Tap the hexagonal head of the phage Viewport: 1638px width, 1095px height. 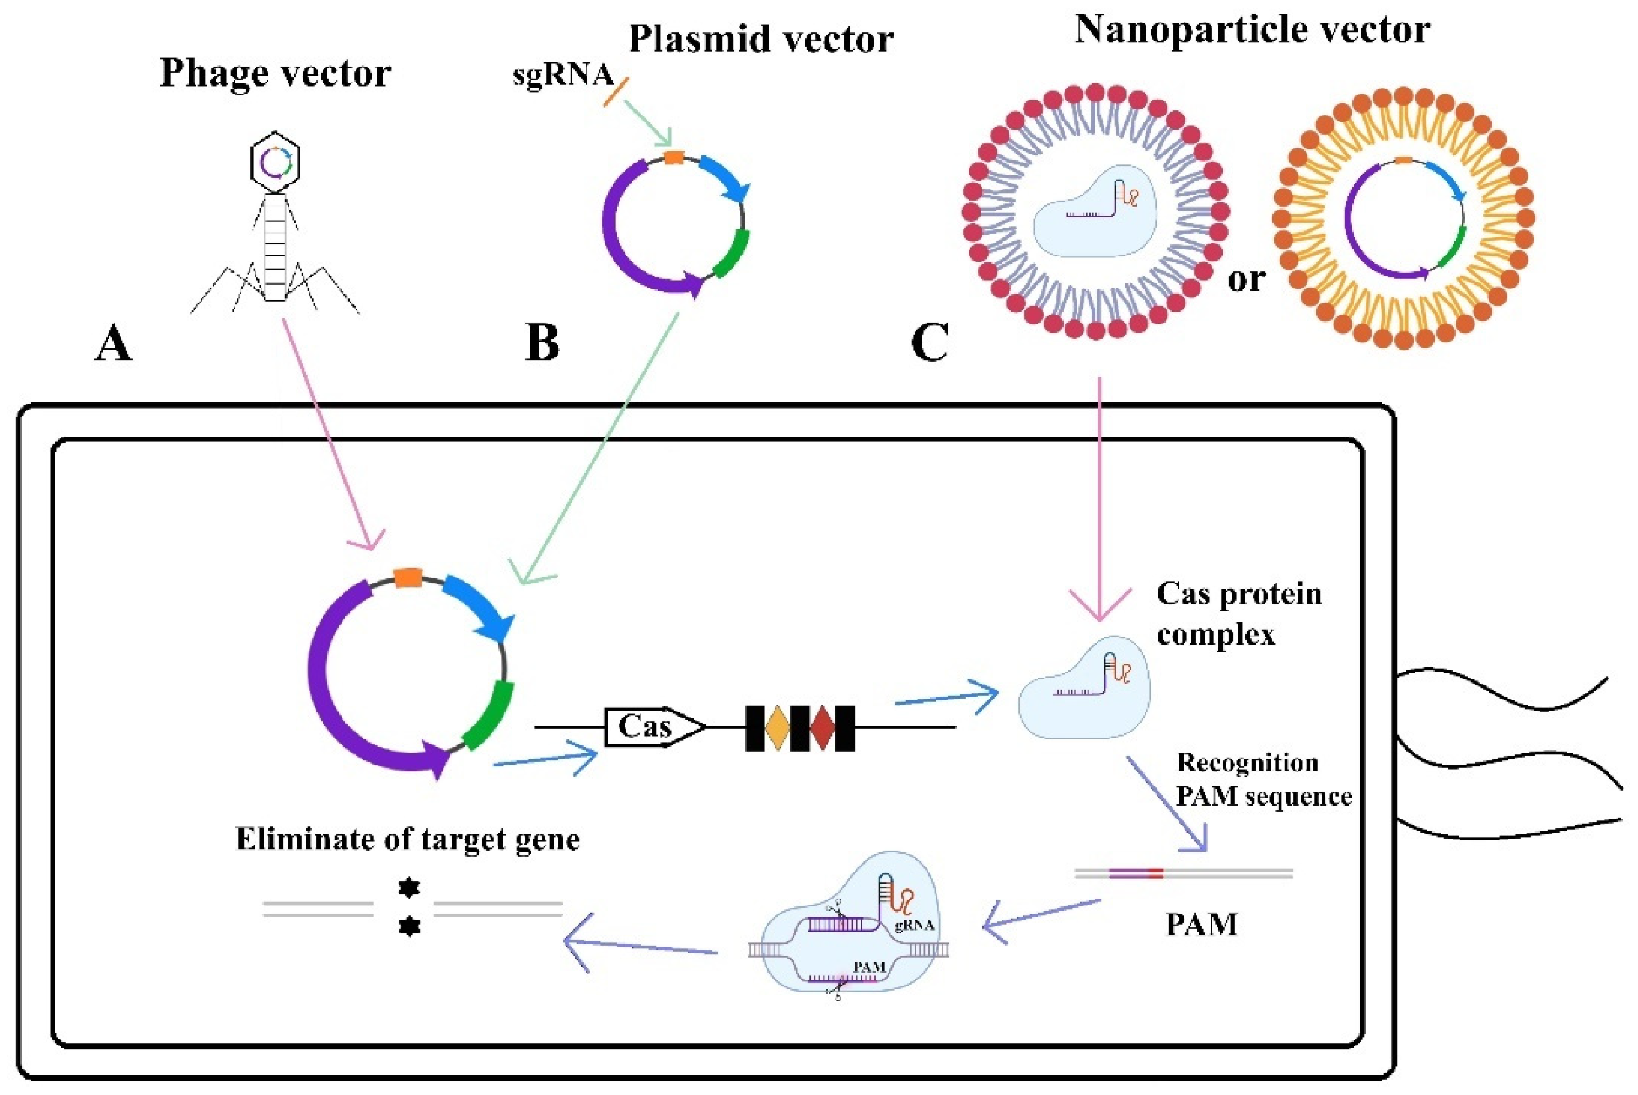(275, 162)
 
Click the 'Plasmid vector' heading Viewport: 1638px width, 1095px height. (761, 39)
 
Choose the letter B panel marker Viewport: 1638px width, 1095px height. (543, 343)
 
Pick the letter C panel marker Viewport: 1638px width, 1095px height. (930, 343)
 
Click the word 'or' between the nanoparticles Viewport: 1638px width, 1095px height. (1247, 280)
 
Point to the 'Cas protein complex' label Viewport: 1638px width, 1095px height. (1239, 614)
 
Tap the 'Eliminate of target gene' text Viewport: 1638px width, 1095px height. (408, 839)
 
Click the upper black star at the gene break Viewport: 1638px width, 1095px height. (409, 888)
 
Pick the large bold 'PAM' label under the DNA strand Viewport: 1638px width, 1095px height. (1201, 925)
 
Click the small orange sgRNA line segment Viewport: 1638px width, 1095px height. (616, 92)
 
